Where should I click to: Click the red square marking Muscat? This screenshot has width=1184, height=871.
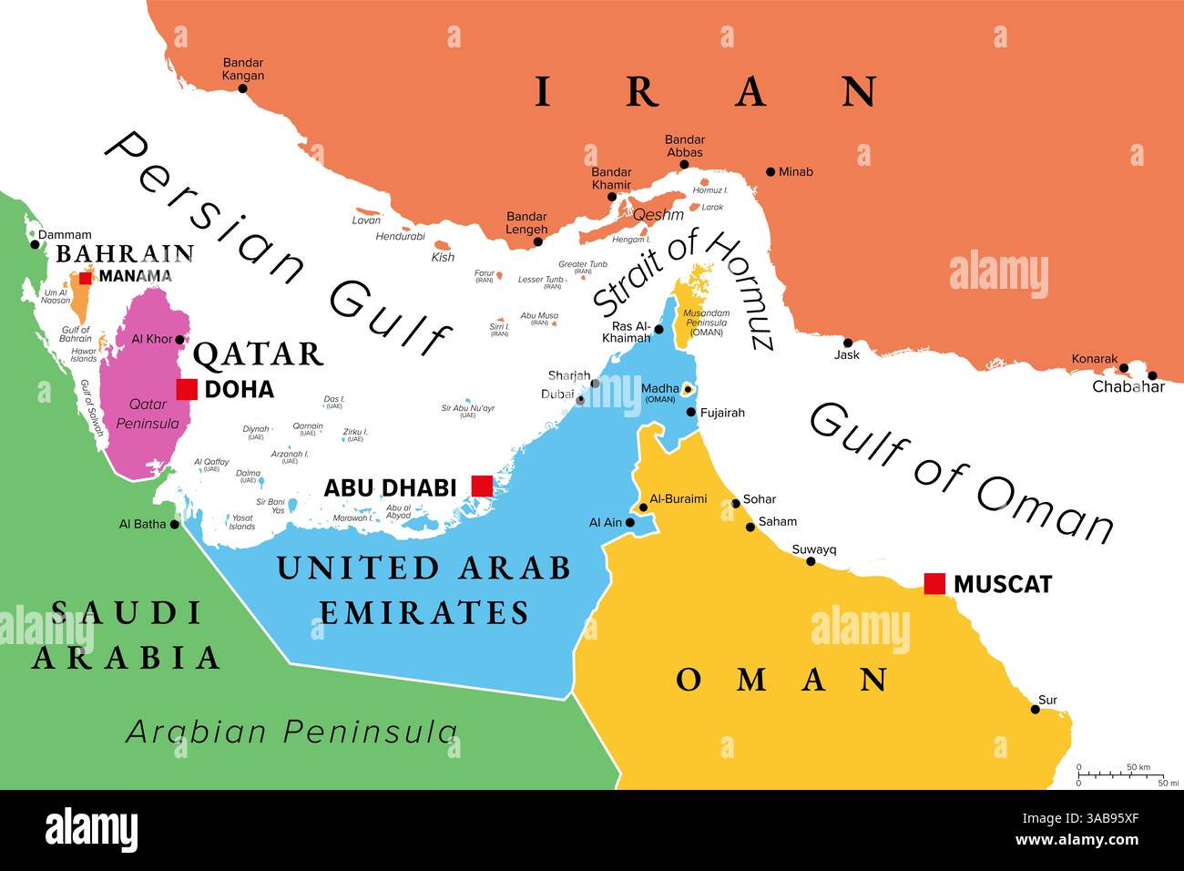tap(934, 584)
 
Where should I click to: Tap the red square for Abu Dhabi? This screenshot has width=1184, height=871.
tap(481, 487)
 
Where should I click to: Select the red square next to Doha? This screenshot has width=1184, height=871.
tap(187, 389)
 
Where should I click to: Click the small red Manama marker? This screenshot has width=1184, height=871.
tap(86, 277)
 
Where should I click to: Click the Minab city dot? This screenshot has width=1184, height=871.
tap(771, 171)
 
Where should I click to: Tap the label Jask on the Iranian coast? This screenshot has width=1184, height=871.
tap(847, 355)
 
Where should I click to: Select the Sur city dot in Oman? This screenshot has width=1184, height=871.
tap(1036, 709)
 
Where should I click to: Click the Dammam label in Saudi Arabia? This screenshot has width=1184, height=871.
tap(65, 235)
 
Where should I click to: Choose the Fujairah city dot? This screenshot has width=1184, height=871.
tap(691, 413)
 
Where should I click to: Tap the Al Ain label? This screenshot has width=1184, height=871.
tap(605, 523)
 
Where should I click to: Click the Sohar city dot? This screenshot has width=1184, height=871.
tap(736, 503)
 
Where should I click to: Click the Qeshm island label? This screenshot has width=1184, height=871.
tap(658, 215)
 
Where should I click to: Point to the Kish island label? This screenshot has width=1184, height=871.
tap(443, 258)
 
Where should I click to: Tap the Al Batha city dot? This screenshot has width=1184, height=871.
tap(176, 524)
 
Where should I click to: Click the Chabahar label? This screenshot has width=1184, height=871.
tap(1128, 386)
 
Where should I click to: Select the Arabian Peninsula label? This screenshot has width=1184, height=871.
tap(291, 731)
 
